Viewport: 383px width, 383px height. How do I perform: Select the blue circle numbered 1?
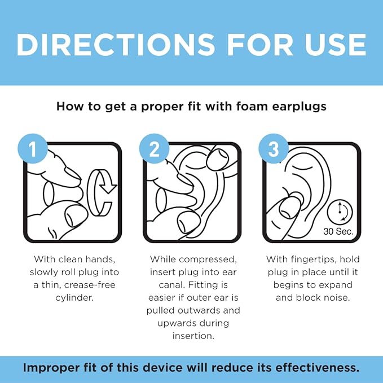32,149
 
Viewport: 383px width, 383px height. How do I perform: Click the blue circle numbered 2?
154,149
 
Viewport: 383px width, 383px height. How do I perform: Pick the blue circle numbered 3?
273,149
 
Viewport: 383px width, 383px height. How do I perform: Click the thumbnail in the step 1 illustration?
73,214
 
